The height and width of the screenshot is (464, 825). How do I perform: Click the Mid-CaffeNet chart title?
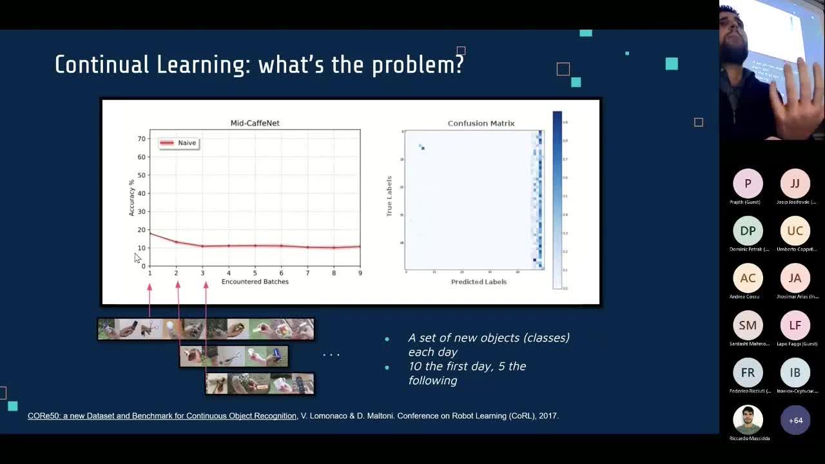255,123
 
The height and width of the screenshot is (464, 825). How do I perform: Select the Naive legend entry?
179,143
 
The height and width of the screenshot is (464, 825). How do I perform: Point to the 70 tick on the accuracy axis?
142,139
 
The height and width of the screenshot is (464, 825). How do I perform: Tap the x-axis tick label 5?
255,273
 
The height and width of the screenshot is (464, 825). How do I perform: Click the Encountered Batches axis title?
255,282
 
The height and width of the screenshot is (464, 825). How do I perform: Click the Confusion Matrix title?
481,123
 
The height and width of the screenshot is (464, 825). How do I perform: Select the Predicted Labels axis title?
478,282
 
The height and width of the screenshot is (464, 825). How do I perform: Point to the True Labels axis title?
389,196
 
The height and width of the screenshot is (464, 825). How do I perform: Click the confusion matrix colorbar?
557,200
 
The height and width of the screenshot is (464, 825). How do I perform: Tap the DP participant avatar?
748,231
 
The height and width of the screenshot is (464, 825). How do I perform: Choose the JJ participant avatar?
795,184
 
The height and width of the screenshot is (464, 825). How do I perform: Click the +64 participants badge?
795,420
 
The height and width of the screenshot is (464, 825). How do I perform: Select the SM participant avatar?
748,325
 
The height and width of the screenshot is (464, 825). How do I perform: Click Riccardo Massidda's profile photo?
748,420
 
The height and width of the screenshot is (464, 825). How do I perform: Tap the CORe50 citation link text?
162,416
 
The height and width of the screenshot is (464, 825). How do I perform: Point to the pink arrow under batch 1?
150,300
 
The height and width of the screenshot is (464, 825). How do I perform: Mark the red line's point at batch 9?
360,246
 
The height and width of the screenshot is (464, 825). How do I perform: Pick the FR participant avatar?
748,372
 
